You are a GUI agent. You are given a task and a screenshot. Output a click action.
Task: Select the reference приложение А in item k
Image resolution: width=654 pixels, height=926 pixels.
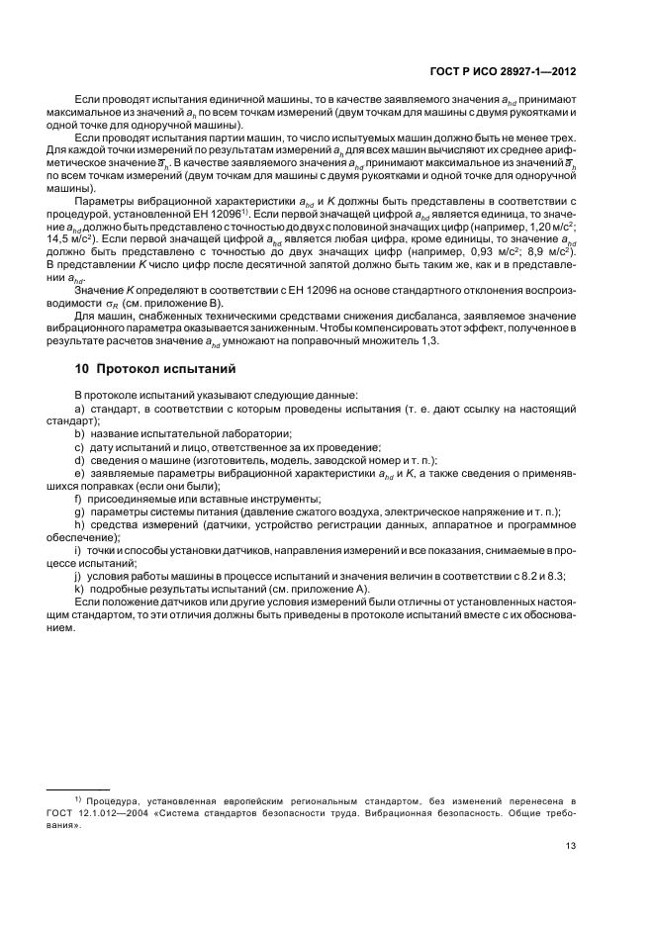point(329,589)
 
